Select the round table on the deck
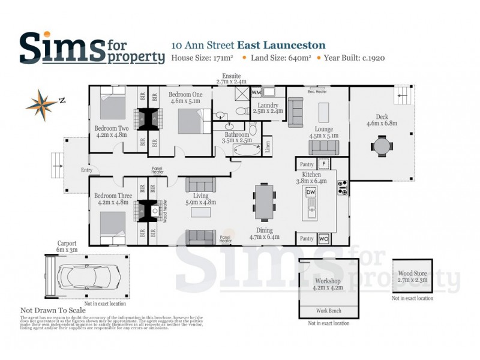[x=381, y=146]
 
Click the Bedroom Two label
[x=112, y=131]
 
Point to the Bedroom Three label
[x=115, y=199]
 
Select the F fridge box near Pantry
[x=323, y=163]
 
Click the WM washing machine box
[x=256, y=93]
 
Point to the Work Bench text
[x=329, y=311]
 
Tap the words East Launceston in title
[x=281, y=45]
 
